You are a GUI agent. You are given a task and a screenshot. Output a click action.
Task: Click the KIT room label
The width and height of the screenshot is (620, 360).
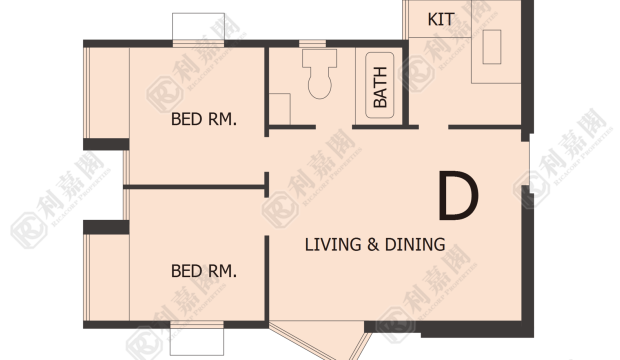tap(441, 19)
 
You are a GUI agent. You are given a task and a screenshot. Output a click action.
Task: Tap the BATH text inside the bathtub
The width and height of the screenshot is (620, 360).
tap(380, 87)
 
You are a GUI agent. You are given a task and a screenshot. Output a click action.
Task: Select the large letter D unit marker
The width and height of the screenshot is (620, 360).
tap(458, 195)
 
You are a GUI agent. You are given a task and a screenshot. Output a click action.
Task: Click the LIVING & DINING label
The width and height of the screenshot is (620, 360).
tap(375, 244)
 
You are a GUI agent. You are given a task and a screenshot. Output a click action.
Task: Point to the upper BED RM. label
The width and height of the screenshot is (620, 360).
tap(204, 119)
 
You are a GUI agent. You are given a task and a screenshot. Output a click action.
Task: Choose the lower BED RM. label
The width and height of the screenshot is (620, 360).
tap(204, 271)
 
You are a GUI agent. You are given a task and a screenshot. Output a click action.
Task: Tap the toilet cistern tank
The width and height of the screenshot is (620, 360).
tap(319, 58)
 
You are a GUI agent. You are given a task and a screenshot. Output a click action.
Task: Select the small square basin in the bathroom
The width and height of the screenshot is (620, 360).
tap(279, 109)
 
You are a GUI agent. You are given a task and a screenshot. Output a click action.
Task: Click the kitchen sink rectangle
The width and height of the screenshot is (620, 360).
tap(492, 47)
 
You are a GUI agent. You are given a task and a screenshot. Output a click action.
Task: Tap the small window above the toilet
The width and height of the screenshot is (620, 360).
tap(312, 43)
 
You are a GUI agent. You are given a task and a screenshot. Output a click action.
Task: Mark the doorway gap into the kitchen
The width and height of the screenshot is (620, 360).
tap(433, 127)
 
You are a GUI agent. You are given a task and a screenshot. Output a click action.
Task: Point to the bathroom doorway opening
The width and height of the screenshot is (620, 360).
tap(334, 127)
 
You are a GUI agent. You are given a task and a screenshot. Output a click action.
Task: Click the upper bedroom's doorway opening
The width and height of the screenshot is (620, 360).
tap(267, 154)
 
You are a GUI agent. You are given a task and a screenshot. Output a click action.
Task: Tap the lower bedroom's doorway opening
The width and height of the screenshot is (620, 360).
tap(267, 216)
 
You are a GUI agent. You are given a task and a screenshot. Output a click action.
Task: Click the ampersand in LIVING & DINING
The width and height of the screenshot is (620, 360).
tap(373, 244)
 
